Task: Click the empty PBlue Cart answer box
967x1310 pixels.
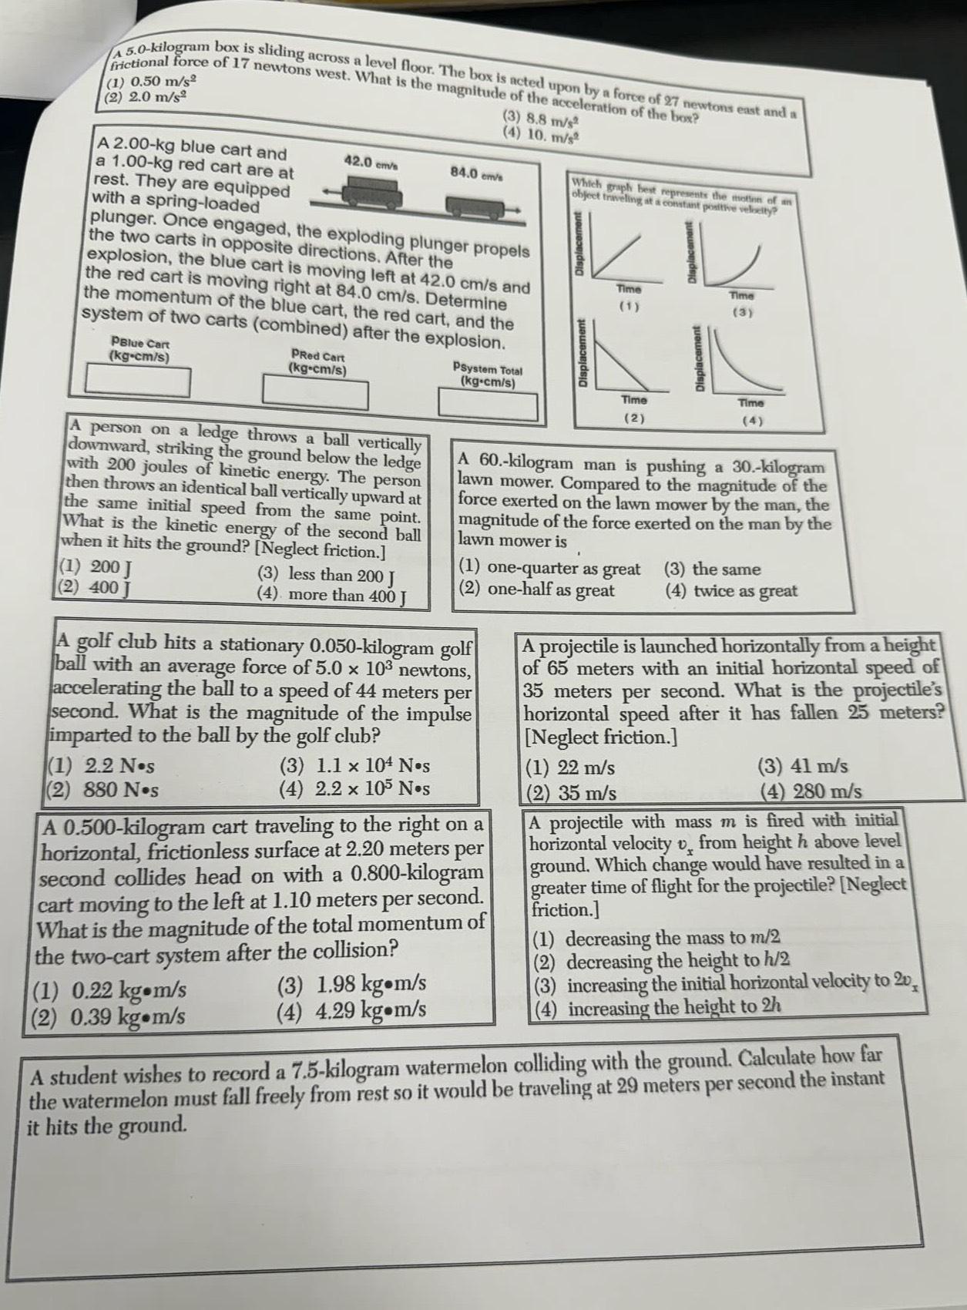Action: tap(138, 381)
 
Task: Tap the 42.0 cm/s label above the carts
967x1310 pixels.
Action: tap(371, 163)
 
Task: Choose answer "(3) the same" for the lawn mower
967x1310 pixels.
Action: tap(713, 569)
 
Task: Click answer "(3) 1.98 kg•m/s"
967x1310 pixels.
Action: tap(351, 985)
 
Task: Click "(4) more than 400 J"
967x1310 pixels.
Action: tap(332, 595)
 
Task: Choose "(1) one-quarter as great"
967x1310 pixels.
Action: tap(549, 569)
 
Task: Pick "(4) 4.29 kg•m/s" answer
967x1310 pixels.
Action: tap(351, 1009)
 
